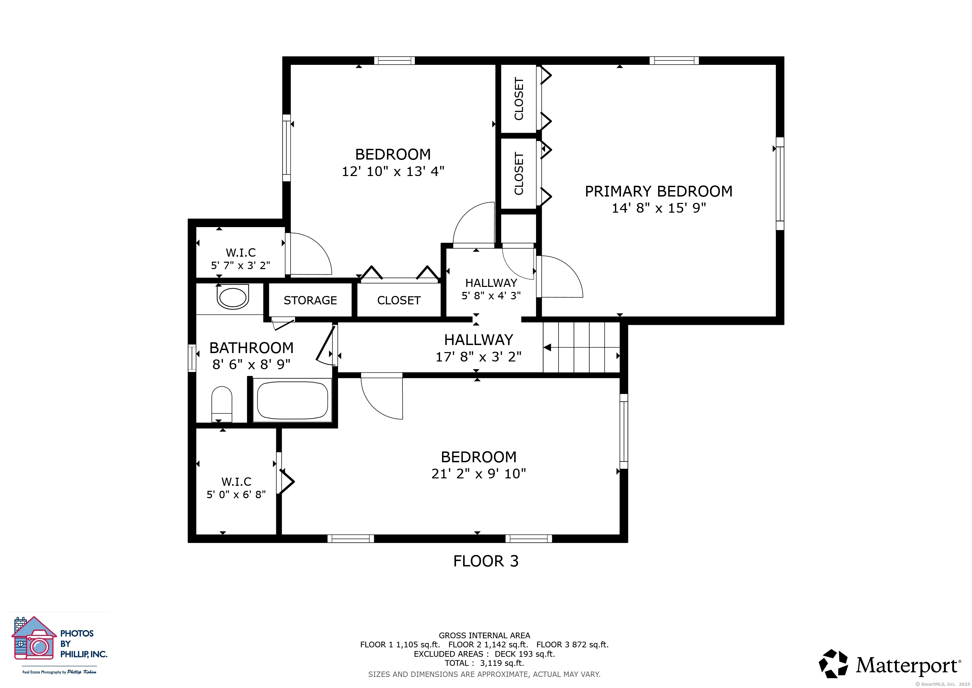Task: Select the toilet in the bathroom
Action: tap(222, 404)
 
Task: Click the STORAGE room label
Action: tap(310, 300)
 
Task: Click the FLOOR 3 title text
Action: tap(486, 561)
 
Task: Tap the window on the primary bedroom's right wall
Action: tap(780, 183)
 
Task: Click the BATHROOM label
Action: tap(251, 348)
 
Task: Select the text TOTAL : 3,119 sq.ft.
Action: tap(484, 663)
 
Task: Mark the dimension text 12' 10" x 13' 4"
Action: tap(393, 171)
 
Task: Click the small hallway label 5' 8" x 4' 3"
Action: tap(491, 295)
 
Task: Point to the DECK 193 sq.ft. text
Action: tap(525, 654)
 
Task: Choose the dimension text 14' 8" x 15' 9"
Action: tap(659, 208)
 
